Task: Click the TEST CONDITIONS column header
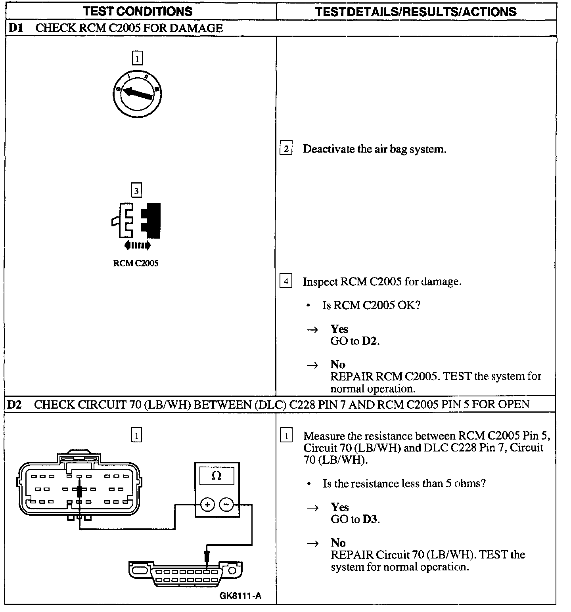138,11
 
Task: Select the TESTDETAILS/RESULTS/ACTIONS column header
416,11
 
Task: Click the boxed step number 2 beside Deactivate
285,149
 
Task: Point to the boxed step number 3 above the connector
136,191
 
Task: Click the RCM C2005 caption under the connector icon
136,263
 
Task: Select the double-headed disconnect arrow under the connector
137,245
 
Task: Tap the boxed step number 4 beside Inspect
285,281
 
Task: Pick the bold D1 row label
16,28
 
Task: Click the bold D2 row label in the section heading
15,404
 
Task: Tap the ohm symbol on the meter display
217,476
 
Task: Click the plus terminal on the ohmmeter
207,505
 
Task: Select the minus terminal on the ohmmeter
226,505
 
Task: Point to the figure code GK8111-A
240,596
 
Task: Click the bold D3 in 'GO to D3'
371,519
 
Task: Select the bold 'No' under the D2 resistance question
338,543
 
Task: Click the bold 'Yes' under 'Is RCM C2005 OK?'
339,329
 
